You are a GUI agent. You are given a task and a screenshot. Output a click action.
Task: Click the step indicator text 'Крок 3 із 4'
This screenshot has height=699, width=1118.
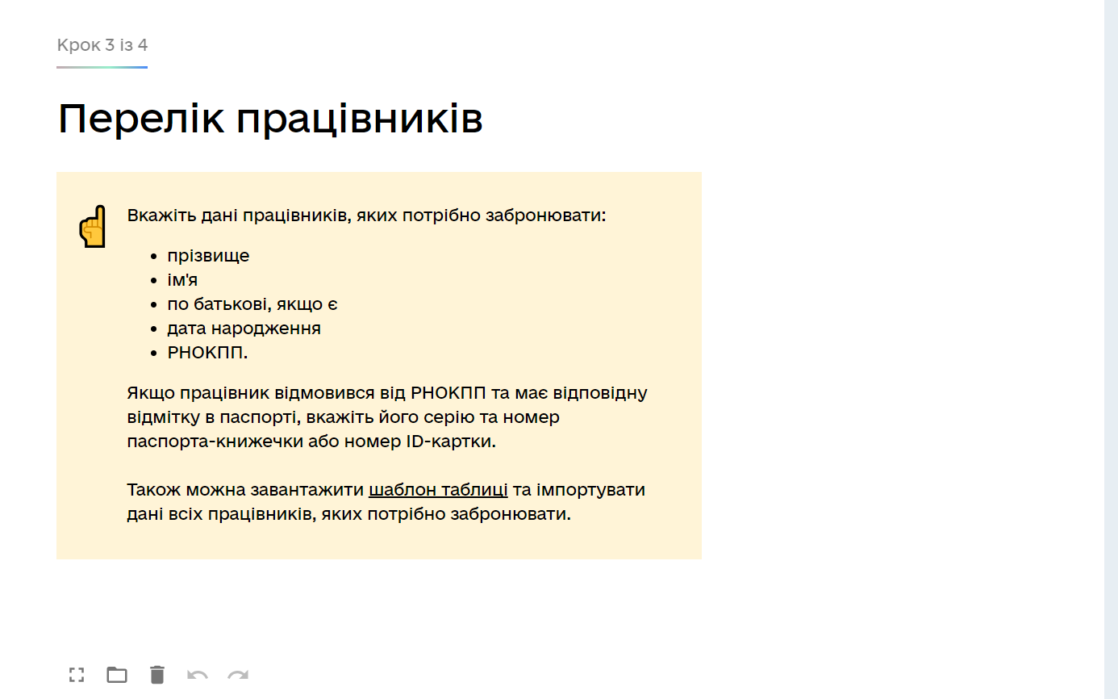tap(102, 45)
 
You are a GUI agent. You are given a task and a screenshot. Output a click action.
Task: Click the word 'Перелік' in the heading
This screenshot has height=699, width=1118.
tap(140, 119)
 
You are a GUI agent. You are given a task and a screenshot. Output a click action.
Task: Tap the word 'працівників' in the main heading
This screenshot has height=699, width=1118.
tap(360, 119)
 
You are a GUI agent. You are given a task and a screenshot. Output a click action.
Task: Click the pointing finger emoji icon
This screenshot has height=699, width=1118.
tap(92, 226)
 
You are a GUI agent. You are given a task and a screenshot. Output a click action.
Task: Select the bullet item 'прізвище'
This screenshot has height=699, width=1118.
tap(208, 256)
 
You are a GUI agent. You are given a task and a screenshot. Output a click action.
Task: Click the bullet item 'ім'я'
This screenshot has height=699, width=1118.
tap(182, 279)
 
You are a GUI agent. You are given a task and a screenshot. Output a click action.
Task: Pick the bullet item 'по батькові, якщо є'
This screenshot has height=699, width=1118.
tap(252, 304)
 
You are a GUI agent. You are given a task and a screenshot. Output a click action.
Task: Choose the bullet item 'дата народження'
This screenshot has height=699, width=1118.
tap(244, 329)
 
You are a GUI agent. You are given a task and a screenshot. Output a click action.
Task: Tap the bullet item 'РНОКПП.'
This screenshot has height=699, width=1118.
tap(207, 353)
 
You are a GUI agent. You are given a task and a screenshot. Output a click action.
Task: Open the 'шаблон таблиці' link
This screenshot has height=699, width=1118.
tap(438, 490)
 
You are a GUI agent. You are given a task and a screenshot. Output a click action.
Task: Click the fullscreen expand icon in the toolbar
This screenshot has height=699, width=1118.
tap(77, 675)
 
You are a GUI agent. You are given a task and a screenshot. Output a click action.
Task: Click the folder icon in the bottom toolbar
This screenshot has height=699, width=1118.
tap(117, 675)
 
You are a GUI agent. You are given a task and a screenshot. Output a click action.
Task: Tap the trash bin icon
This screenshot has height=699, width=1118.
tap(157, 675)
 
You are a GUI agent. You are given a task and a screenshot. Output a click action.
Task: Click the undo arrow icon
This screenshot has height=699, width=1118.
tap(197, 676)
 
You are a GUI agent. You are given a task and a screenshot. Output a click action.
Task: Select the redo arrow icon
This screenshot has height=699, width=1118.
tap(238, 676)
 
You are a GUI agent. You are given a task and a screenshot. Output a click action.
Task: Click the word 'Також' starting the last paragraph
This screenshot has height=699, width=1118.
tap(153, 490)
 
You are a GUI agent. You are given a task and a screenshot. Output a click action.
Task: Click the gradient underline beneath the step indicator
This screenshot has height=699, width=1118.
tap(102, 67)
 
